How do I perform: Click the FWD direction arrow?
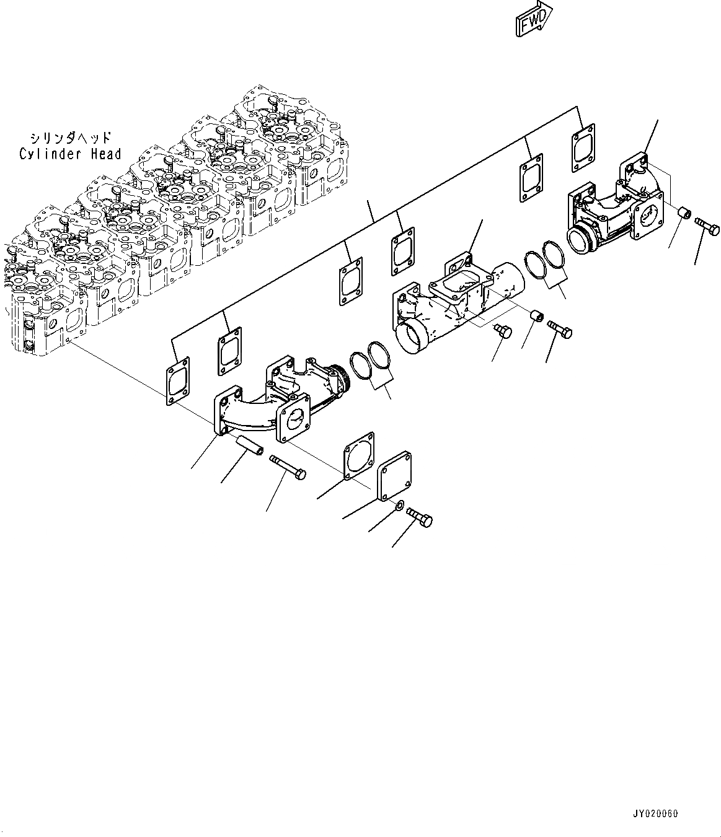(x=533, y=20)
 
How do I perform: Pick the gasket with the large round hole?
(x=359, y=456)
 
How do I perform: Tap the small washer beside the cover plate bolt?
(x=400, y=507)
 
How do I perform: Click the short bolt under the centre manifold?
(x=502, y=331)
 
